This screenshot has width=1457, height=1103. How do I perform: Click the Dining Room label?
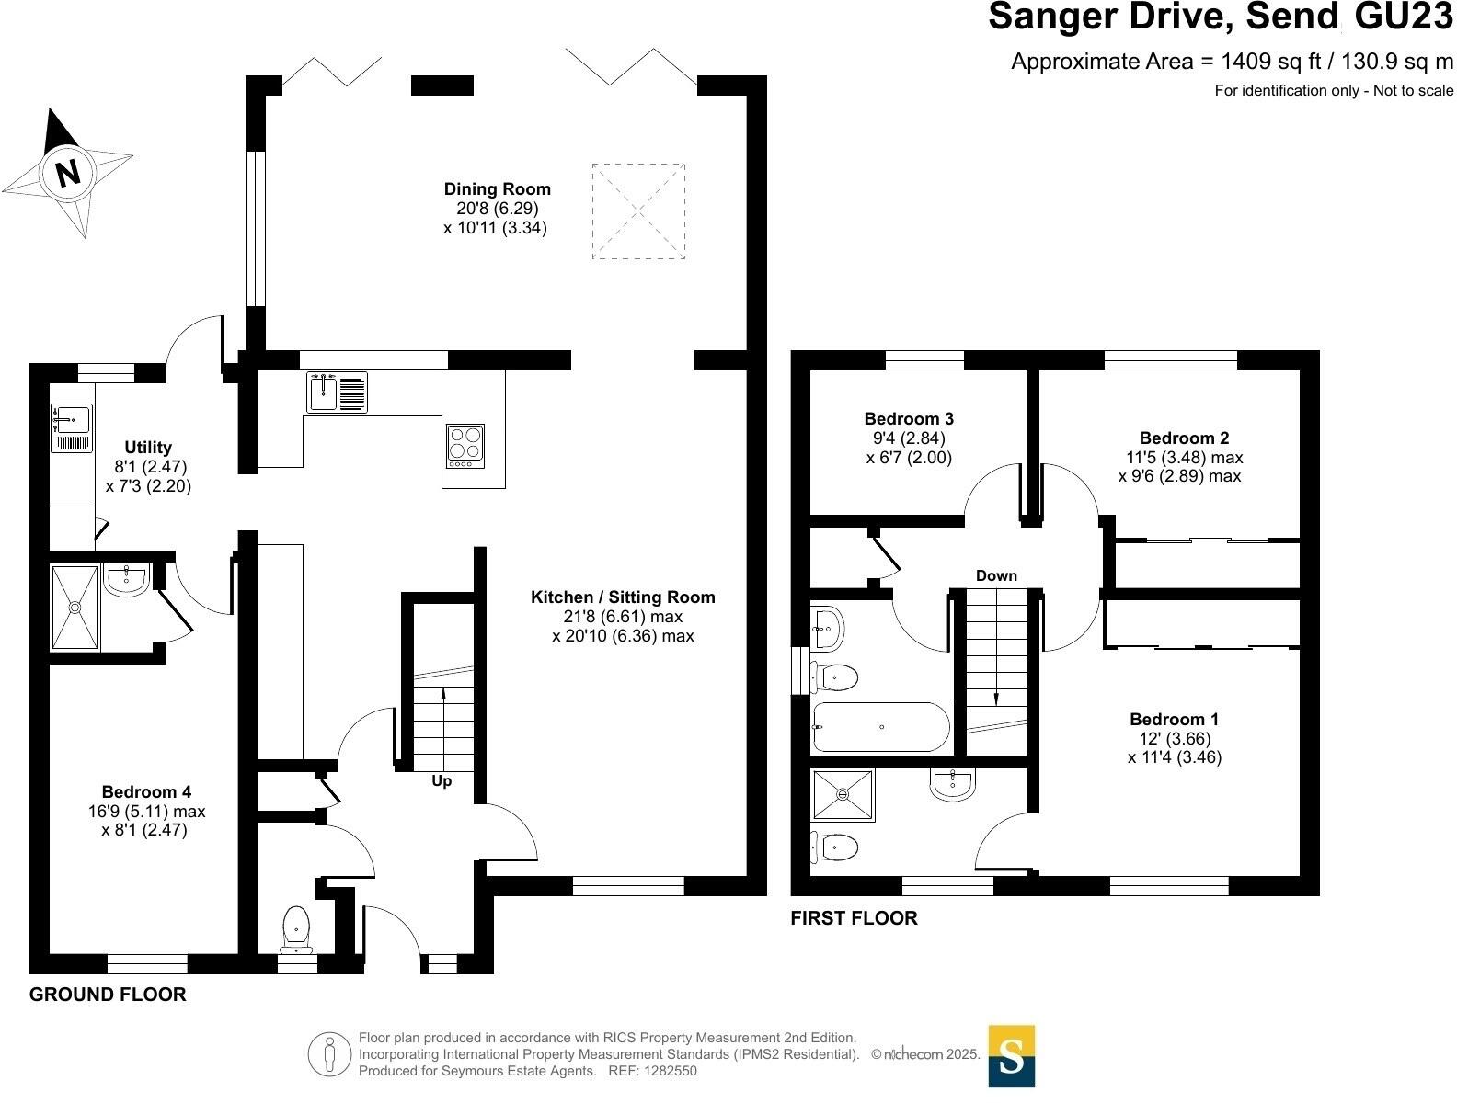point(498,189)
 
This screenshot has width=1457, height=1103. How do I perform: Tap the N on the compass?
point(67,172)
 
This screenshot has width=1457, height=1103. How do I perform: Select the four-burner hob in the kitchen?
point(465,446)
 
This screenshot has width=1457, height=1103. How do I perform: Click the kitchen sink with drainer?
point(337,392)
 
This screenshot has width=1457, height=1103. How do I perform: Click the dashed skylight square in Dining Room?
point(638,211)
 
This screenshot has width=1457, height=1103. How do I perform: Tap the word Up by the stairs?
point(442,782)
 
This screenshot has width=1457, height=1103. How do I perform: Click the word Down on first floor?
point(996,576)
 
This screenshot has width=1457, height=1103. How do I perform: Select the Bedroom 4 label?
point(146,792)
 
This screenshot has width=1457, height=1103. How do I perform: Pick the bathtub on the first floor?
point(880,727)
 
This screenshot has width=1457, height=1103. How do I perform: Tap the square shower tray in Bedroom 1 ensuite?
point(843,795)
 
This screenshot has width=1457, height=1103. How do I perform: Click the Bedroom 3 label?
point(909,419)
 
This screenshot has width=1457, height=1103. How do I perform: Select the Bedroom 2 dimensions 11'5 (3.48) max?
point(1184,458)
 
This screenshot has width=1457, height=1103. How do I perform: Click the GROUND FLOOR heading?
point(108,995)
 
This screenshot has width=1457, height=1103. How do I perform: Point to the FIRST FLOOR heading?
point(854,918)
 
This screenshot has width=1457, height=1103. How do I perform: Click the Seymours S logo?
point(1012,1056)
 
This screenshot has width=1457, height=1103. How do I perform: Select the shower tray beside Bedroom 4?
point(74,607)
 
